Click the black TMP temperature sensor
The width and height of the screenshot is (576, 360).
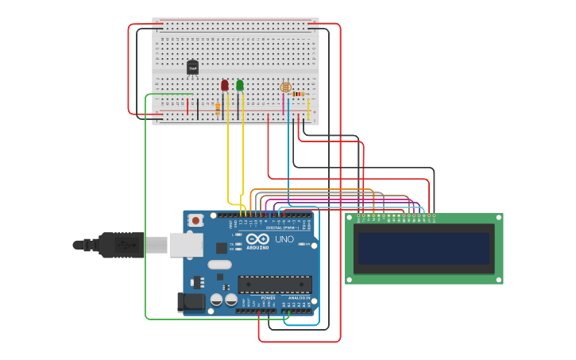[x=192, y=68]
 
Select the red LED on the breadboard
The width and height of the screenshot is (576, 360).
[x=225, y=85]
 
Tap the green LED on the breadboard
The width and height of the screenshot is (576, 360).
[x=240, y=85]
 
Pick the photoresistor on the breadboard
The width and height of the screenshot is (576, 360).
[x=286, y=87]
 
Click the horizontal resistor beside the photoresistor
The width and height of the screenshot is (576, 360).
[x=298, y=94]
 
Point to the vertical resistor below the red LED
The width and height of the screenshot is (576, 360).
[x=218, y=108]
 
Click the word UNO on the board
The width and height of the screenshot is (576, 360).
[x=284, y=239]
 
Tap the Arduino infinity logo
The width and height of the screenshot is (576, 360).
[x=257, y=238]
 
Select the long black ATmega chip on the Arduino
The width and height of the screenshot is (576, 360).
[x=275, y=285]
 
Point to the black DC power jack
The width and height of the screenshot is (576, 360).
[x=191, y=301]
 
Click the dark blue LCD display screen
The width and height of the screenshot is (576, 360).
[x=423, y=248]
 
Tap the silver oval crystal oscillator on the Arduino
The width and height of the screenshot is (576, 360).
[x=220, y=265]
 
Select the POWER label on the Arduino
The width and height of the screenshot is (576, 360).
[x=268, y=298]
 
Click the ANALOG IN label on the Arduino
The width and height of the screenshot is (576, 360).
[x=300, y=298]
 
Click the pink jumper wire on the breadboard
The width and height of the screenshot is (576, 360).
[x=283, y=103]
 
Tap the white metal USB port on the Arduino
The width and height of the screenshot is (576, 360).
[x=186, y=245]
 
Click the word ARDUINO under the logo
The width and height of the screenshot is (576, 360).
[x=257, y=247]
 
